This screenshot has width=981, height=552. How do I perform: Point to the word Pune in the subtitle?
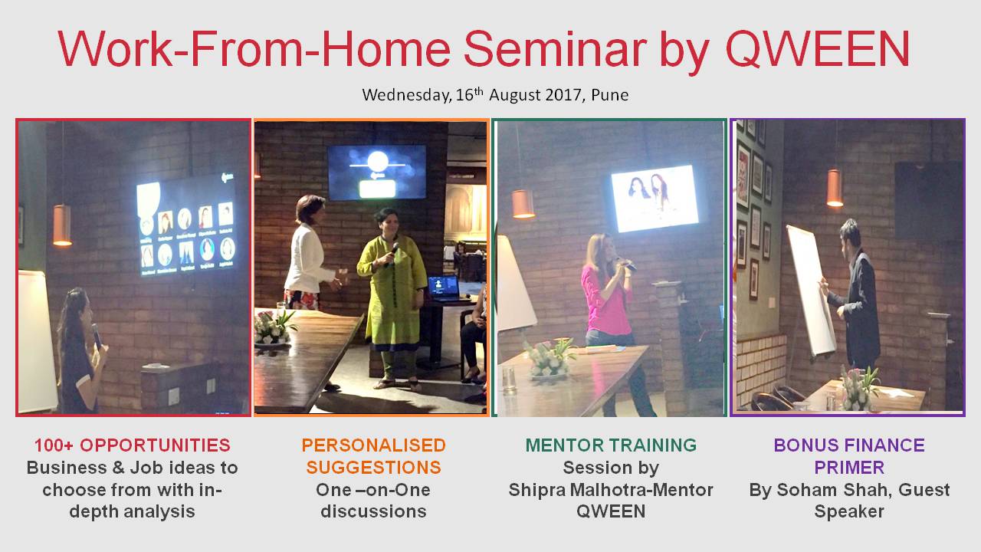coord(609,95)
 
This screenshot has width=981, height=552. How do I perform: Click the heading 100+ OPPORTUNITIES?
coord(133,445)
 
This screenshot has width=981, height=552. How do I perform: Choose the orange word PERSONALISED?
coord(373,445)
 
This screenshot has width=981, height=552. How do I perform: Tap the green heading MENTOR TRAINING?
coord(611,445)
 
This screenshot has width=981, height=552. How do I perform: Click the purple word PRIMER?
coord(849,468)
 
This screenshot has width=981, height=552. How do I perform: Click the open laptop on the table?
coord(444,289)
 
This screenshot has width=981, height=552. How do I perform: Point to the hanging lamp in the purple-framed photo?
coord(835,188)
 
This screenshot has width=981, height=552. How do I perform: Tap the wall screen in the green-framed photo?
coord(655,198)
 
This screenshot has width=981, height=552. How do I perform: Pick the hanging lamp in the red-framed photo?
coord(62,225)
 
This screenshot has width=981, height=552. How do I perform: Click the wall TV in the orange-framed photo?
coord(376,172)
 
